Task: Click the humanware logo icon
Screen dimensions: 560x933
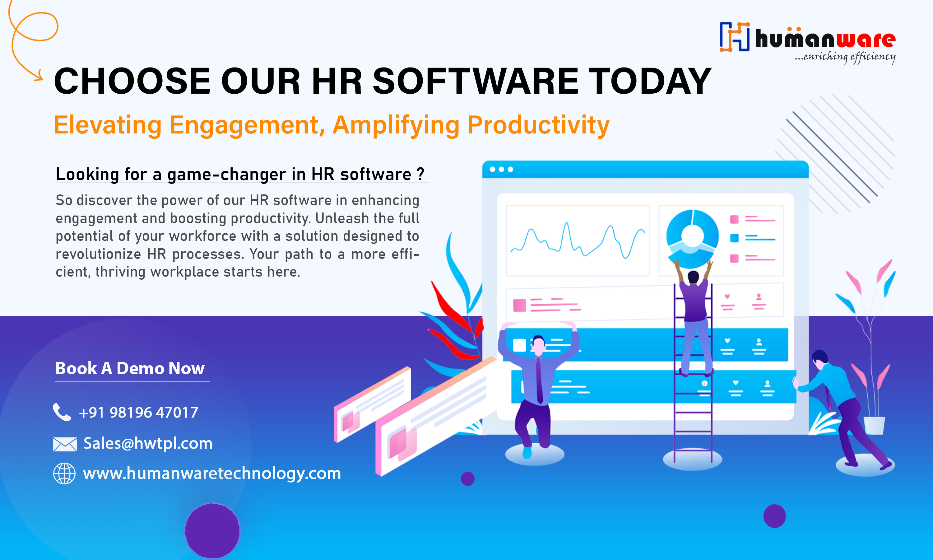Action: (734, 37)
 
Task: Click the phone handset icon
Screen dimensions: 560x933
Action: (62, 412)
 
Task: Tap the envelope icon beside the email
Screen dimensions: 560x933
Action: (65, 444)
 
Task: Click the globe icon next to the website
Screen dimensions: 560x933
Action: (64, 473)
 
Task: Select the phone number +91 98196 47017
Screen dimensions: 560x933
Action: (138, 413)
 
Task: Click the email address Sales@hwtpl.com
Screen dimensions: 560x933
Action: (148, 443)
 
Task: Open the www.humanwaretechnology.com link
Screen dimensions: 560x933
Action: (211, 473)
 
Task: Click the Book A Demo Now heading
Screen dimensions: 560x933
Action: (130, 368)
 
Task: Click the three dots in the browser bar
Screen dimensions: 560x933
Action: (501, 170)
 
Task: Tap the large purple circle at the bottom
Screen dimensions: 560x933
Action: (212, 530)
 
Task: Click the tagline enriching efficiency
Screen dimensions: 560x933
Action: (845, 57)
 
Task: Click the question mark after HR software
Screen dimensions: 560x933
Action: (420, 174)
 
